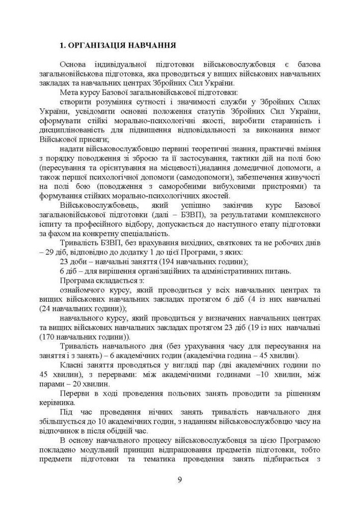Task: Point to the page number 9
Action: click(180, 479)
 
